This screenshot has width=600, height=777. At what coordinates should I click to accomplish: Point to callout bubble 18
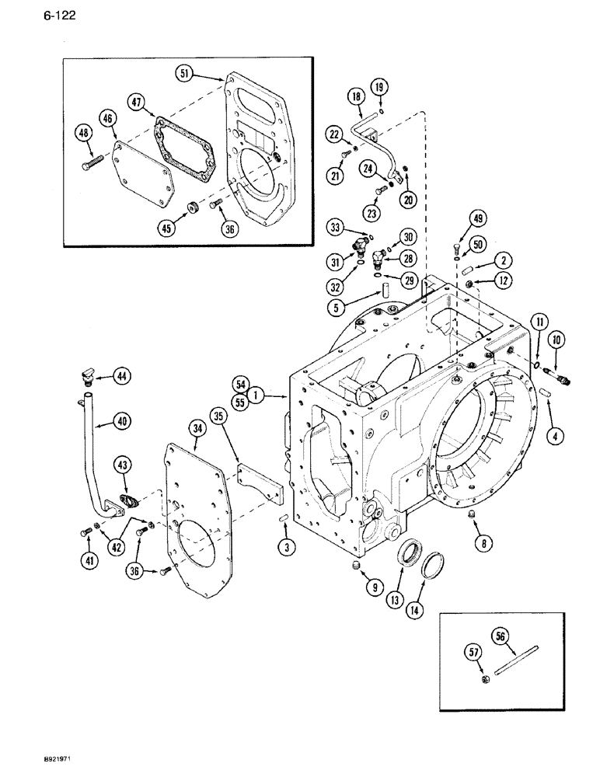(x=356, y=96)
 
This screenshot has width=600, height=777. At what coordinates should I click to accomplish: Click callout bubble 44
(x=121, y=376)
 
